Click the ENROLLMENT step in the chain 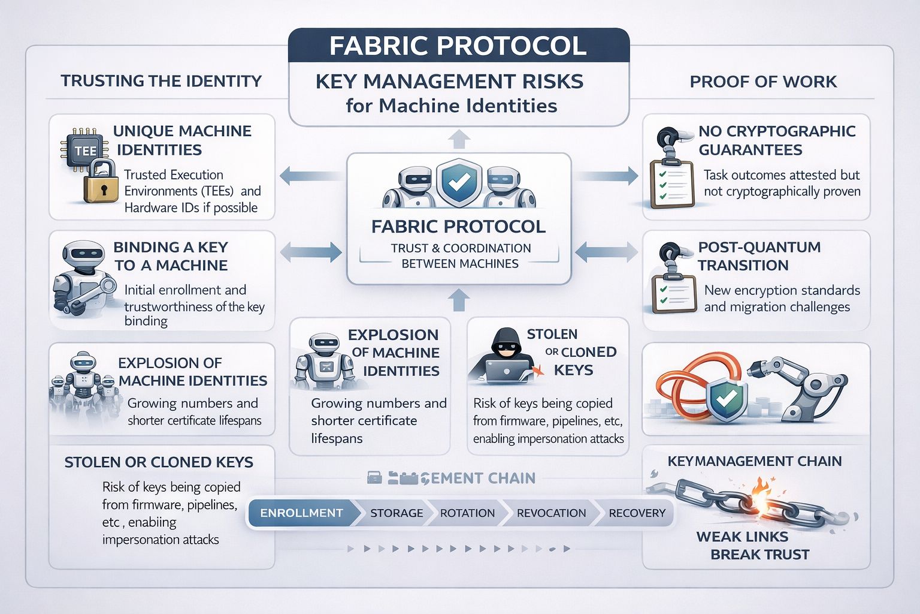301,513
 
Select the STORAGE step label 396,513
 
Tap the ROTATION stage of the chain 467,513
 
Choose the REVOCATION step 551,513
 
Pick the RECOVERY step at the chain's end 637,513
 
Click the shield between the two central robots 459,181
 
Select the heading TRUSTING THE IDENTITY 161,81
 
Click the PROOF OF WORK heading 763,82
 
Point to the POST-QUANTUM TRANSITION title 759,256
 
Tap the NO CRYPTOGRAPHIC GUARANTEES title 777,140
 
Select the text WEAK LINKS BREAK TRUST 753,545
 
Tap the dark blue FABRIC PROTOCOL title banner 458,46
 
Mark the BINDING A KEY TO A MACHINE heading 171,256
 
